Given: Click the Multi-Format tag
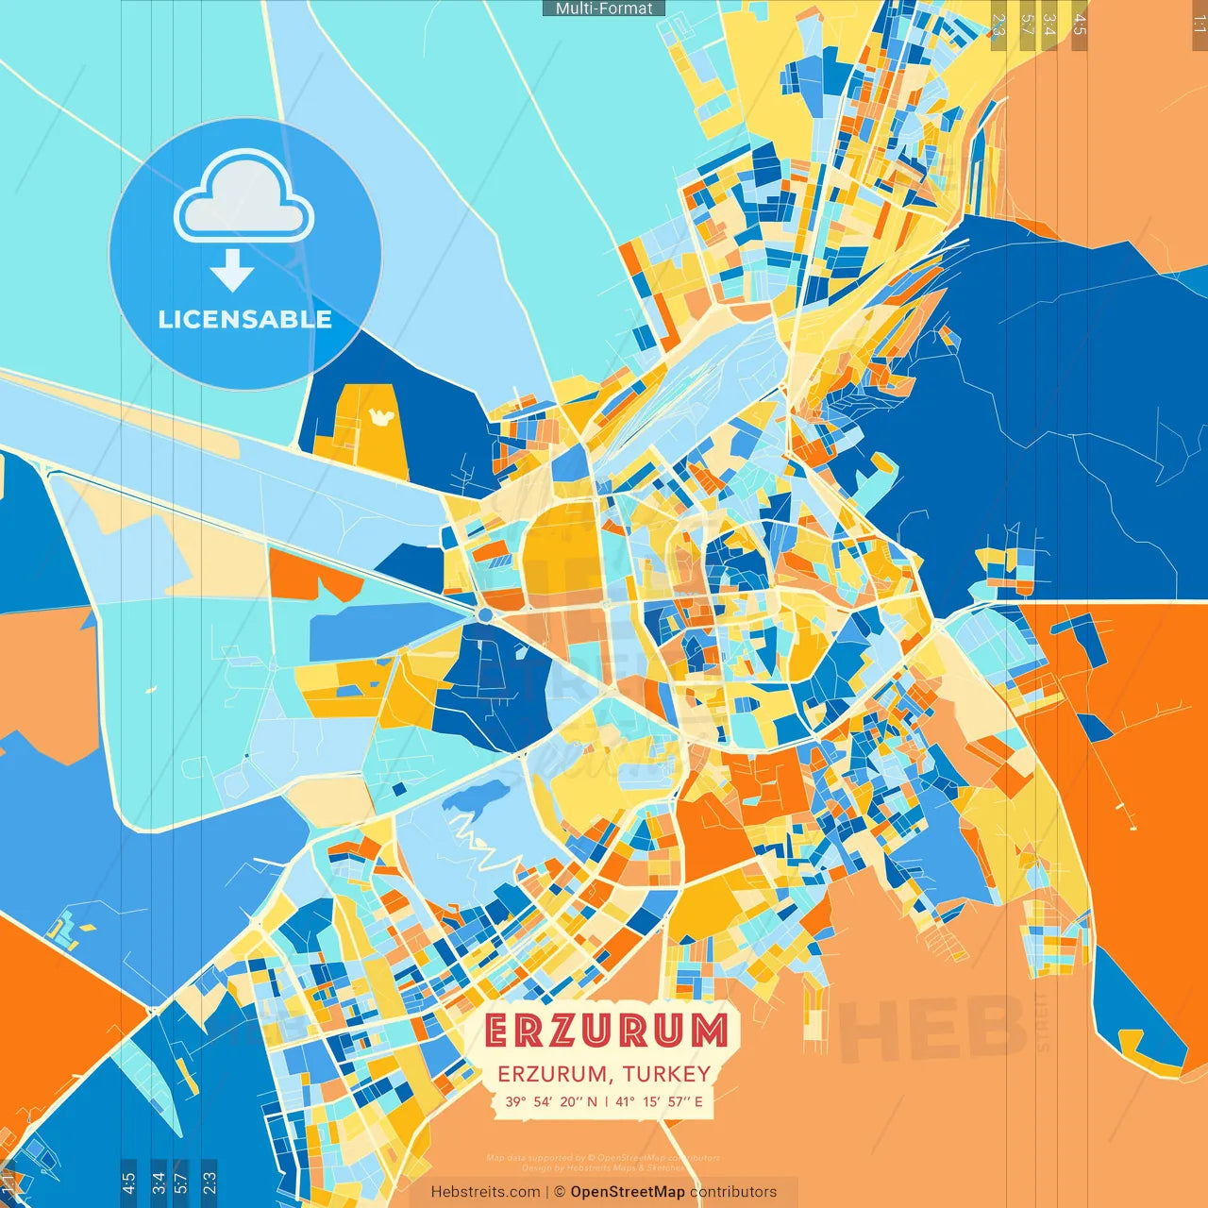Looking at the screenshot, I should click(604, 8).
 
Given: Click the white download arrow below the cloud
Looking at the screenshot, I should click(232, 271).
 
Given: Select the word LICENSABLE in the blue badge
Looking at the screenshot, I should click(244, 319).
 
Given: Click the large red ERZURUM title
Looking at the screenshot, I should click(607, 1031).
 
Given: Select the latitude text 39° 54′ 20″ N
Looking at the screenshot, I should click(551, 1101).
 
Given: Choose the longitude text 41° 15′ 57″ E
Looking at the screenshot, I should click(660, 1101).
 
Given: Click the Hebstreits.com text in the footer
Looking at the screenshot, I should click(485, 1192).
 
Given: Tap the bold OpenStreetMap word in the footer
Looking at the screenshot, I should click(628, 1192).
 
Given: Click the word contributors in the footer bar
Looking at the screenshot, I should click(733, 1192).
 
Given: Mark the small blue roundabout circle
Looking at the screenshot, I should click(485, 614).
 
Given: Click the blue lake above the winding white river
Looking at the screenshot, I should click(472, 798).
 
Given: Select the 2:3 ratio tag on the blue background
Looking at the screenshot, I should click(210, 1180).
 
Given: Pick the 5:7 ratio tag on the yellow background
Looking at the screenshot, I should click(1027, 25).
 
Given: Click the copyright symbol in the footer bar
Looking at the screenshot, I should click(560, 1192).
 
